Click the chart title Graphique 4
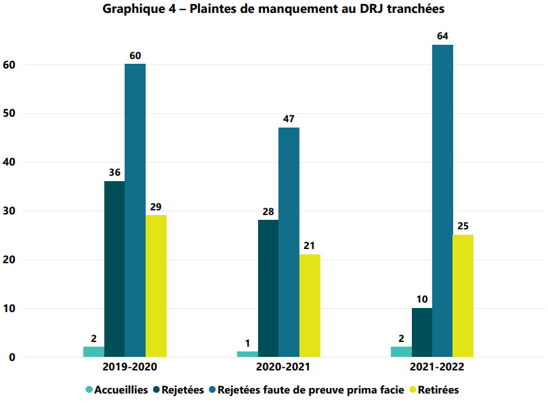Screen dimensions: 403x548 pyautogui.click(x=274, y=9)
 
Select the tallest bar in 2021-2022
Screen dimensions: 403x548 pyautogui.click(x=442, y=201)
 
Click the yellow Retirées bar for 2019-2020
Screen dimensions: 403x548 pyautogui.click(x=156, y=286)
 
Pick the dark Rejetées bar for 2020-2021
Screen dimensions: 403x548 pyautogui.click(x=268, y=288)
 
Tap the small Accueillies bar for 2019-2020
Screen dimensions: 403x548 pyautogui.click(x=93, y=351)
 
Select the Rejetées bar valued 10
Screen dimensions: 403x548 pyautogui.click(x=421, y=332)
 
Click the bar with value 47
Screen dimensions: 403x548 pyautogui.click(x=289, y=242)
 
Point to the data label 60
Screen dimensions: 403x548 pyautogui.click(x=135, y=55)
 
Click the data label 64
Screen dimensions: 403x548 pyautogui.click(x=442, y=36)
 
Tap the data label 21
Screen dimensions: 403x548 pyautogui.click(x=310, y=246)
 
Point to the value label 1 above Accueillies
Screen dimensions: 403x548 pyautogui.click(x=247, y=343)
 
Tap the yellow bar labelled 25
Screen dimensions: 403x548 pyautogui.click(x=463, y=296)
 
